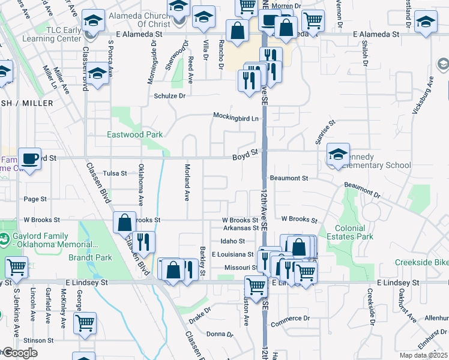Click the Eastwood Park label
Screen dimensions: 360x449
135,135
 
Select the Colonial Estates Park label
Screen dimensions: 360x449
351,232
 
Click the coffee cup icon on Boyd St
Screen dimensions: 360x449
29,158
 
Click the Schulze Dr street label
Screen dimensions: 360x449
170,95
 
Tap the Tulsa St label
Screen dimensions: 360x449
115,173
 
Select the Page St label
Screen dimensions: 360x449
35,199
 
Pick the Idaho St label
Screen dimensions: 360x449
232,241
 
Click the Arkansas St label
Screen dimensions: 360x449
240,228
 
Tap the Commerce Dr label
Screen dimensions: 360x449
289,319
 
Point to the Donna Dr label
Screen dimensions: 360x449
218,334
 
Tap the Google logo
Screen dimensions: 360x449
19,353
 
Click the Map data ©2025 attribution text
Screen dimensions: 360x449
423,355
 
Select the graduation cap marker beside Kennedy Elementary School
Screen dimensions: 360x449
338,154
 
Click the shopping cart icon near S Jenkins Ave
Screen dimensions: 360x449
16,266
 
